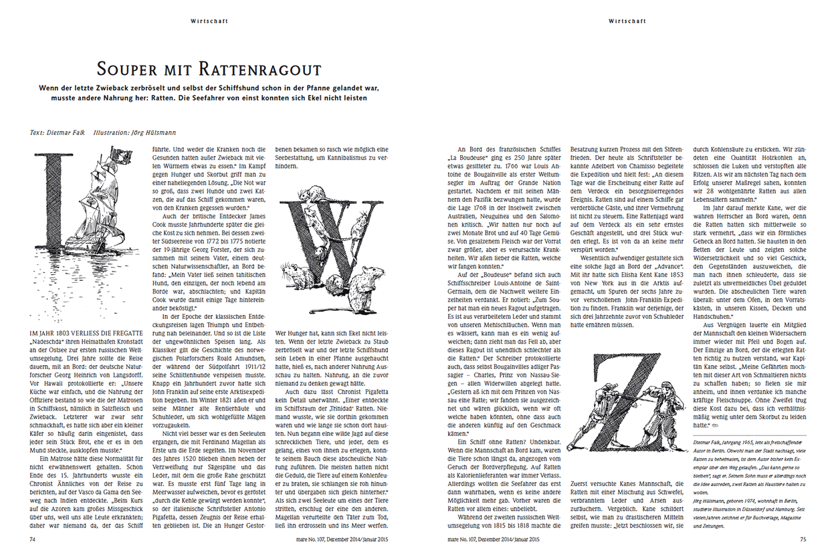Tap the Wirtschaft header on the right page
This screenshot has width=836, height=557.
(627, 21)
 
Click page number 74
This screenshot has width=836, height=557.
(32, 539)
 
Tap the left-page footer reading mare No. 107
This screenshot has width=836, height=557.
(341, 539)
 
